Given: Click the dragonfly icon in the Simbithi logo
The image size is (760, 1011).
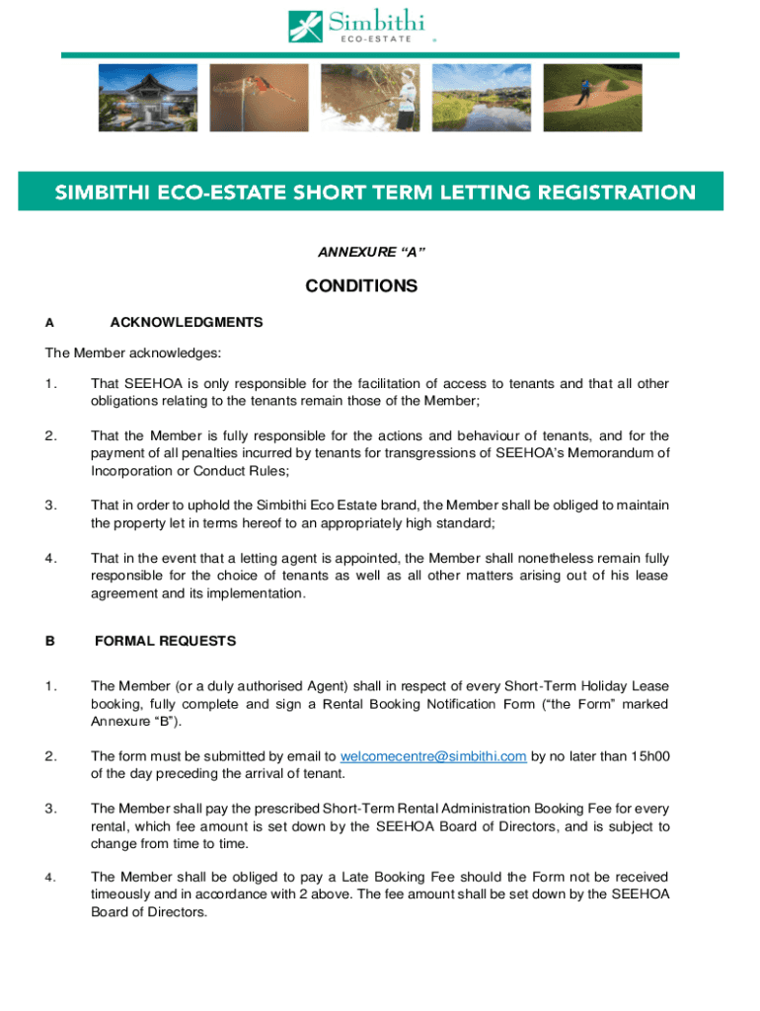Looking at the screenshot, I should coord(304,26).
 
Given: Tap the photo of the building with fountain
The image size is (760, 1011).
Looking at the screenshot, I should coord(147,98).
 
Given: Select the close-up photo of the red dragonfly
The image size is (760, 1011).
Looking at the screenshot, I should coord(259,98).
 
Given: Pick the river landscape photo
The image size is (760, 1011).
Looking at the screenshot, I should coord(482,98).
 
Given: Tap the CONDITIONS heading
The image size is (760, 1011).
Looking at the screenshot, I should coord(361,287).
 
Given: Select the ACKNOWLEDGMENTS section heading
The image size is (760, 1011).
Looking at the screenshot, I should coord(187,322).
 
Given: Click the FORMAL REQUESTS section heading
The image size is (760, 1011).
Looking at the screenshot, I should coord(165,641).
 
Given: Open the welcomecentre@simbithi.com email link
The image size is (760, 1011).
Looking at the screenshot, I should coord(433,757).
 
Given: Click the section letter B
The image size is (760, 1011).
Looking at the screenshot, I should coord(49,641).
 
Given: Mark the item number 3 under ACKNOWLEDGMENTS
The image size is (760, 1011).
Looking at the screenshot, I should coord(50,505).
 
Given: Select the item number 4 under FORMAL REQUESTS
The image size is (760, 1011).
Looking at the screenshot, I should coord(50,877).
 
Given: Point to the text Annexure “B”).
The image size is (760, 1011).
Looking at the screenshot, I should coord(128,722).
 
